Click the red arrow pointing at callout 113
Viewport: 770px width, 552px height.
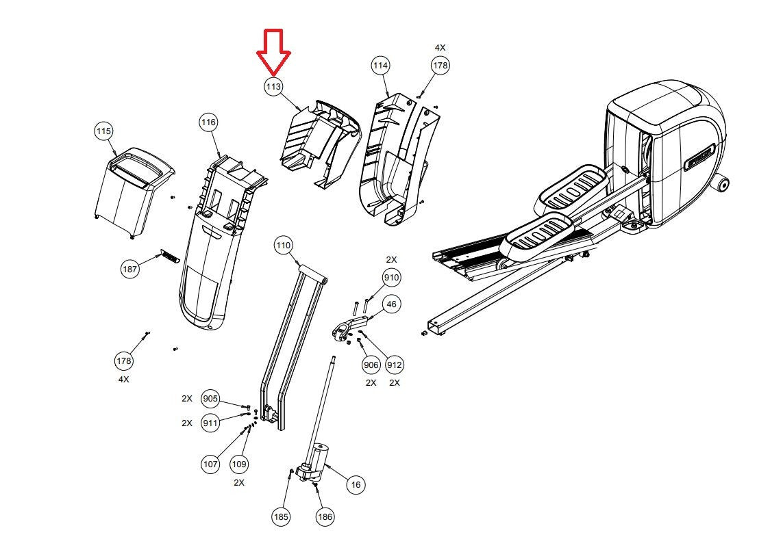click(273, 52)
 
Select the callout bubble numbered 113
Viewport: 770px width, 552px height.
click(273, 87)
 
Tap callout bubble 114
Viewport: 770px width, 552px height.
click(381, 65)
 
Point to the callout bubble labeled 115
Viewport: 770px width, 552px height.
click(103, 131)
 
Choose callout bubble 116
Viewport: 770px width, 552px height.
click(208, 122)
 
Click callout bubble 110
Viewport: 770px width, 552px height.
click(284, 245)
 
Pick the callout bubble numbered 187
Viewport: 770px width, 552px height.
click(130, 269)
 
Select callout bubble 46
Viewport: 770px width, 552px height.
click(391, 304)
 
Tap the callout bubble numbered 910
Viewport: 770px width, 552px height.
click(391, 278)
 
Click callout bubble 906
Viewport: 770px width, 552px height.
click(371, 365)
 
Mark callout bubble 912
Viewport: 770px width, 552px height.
click(395, 365)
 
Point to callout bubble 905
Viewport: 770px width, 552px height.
click(210, 399)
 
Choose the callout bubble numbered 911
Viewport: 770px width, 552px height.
click(210, 423)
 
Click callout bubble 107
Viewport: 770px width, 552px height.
click(211, 464)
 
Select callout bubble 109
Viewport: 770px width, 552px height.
click(239, 464)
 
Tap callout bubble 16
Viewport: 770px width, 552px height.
click(356, 485)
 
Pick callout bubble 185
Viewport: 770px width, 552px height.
click(281, 516)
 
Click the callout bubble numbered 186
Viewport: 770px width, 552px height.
click(325, 516)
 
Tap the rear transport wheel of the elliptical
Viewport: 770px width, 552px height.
click(722, 184)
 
